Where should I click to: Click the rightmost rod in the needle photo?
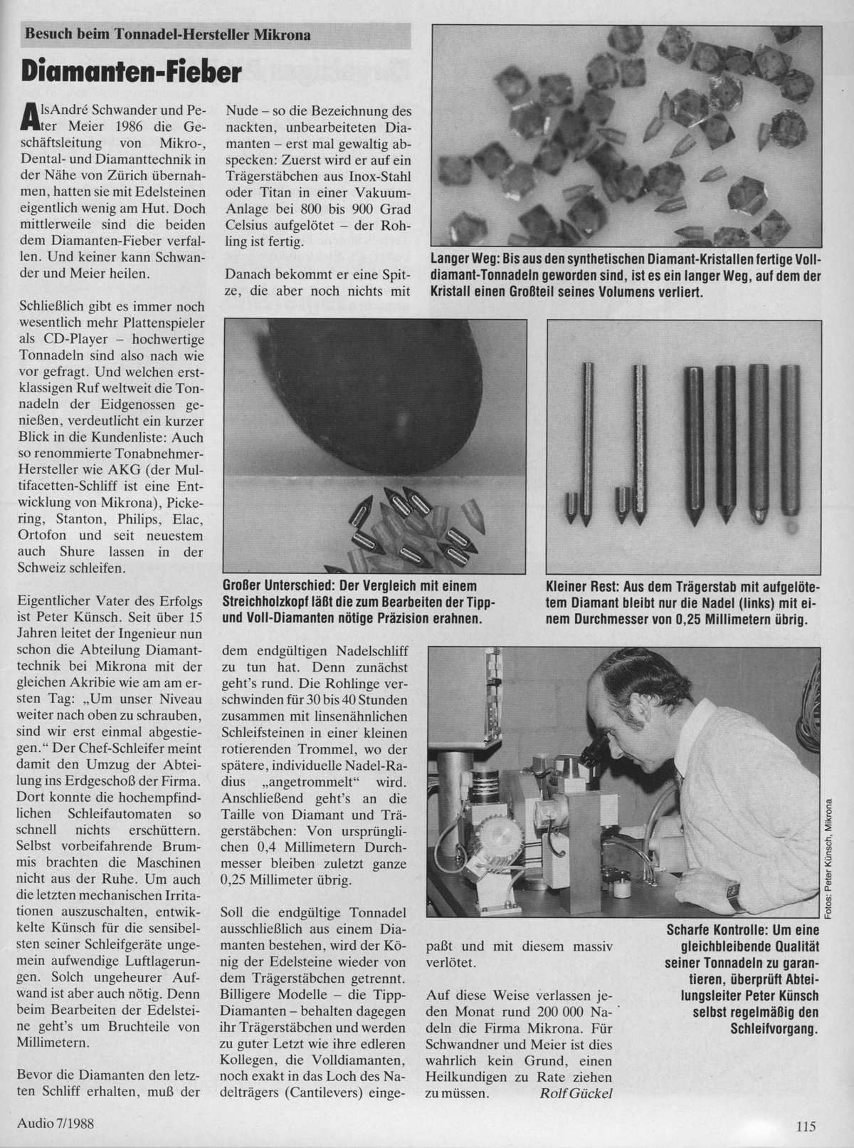[789, 442]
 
